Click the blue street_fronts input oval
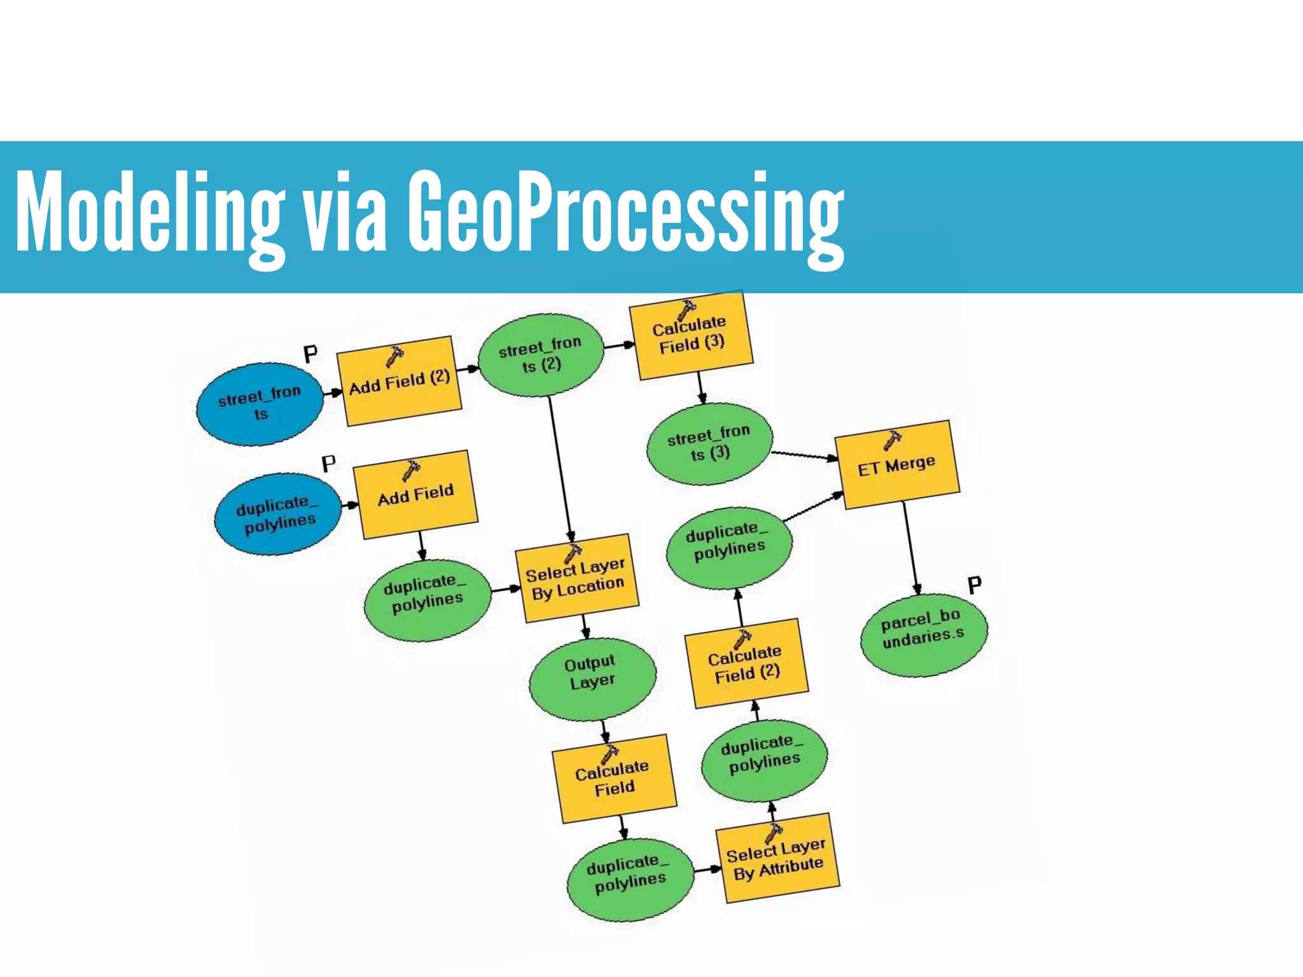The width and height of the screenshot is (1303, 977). tap(259, 404)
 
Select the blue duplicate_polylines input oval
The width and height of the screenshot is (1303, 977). tap(277, 513)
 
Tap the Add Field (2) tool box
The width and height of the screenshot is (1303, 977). tap(399, 381)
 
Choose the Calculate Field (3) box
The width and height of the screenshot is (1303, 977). tap(691, 336)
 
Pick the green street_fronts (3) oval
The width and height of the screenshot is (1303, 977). tap(709, 444)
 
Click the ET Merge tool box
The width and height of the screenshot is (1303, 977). tap(896, 464)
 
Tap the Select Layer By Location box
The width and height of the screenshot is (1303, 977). tap(576, 578)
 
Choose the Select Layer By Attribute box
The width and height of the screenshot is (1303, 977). tap(777, 859)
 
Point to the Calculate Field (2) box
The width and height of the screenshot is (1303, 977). tap(746, 664)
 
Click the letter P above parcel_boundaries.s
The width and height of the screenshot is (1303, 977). tap(974, 585)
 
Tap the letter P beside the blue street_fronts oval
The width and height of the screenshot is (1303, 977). tap(310, 354)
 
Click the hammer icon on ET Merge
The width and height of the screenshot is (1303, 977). tap(892, 439)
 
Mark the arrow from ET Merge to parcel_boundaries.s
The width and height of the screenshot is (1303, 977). tap(910, 547)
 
